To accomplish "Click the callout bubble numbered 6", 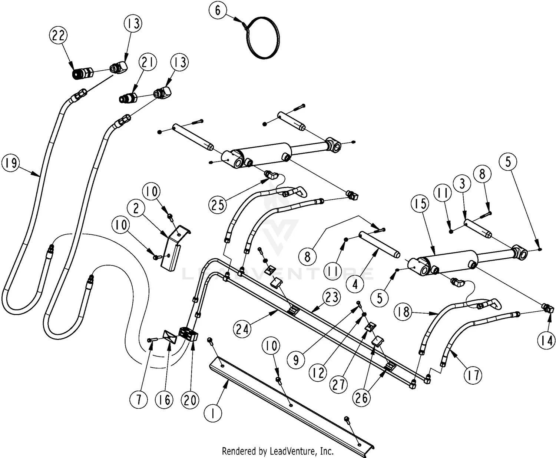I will [x=218, y=10].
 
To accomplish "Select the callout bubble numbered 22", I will [x=59, y=36].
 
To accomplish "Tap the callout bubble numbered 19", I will [x=11, y=163].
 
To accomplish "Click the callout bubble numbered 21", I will [x=148, y=63].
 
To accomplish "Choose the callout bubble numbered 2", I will [x=136, y=208].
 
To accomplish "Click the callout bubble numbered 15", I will [x=420, y=203].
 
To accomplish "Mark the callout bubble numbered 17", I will [x=473, y=375].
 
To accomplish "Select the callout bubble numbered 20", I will [x=190, y=400].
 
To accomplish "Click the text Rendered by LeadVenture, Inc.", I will [x=278, y=451].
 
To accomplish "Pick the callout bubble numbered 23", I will [x=332, y=297].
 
